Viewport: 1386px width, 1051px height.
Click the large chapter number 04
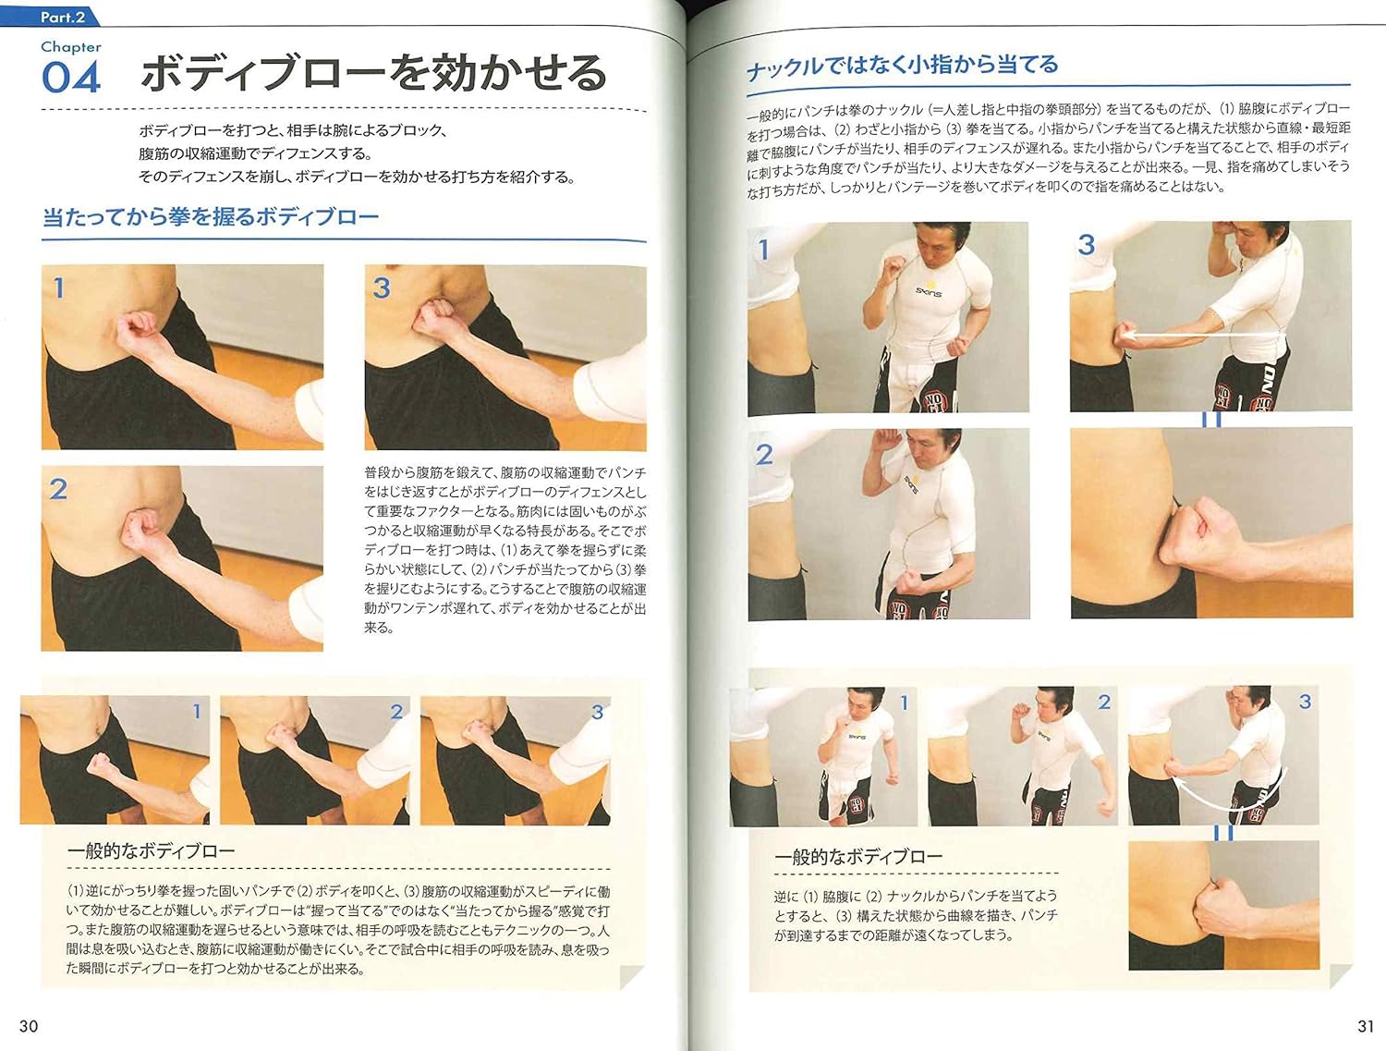coord(70,77)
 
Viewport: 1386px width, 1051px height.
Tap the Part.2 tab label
coord(62,17)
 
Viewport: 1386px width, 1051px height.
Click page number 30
coord(29,1026)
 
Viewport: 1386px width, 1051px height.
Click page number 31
coord(1366,1026)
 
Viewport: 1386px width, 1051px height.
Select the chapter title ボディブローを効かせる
coord(373,73)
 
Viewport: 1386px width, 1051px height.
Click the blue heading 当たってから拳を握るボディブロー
coord(211,217)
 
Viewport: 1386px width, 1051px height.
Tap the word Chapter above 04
coord(71,47)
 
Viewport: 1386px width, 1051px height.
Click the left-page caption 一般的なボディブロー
coord(151,851)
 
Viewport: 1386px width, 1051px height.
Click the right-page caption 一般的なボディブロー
coord(858,857)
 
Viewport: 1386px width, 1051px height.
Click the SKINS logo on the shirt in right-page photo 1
coord(929,292)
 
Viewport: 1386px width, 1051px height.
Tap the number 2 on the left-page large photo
coord(58,489)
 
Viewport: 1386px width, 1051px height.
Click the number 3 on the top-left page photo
coord(382,288)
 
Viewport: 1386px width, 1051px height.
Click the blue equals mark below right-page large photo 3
coord(1211,420)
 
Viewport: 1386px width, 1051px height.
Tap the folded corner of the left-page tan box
coord(632,976)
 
